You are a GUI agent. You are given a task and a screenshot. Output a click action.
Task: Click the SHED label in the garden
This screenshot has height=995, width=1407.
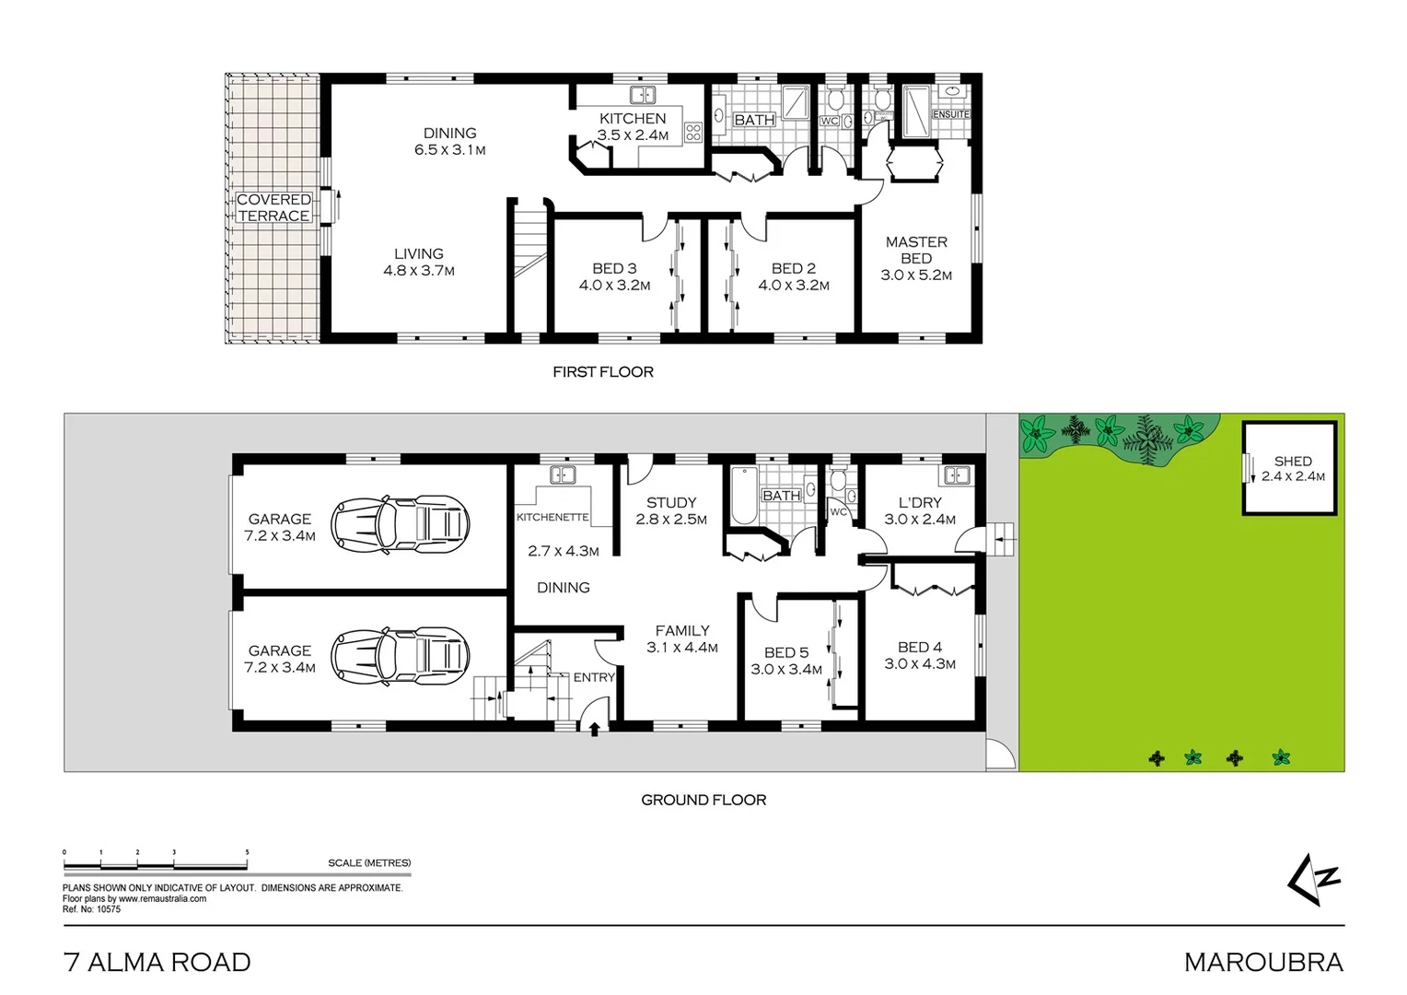pos(1293,462)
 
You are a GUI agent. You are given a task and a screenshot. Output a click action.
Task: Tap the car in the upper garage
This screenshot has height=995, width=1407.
pos(399,525)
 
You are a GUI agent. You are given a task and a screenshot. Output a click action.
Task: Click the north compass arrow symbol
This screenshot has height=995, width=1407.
pos(1313,880)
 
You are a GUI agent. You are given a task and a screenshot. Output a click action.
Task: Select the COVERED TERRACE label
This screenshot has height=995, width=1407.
pos(273,207)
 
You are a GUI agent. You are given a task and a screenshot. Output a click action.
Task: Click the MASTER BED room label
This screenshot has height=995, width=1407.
pos(916,250)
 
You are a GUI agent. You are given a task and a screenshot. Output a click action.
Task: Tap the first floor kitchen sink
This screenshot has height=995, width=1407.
pos(642,95)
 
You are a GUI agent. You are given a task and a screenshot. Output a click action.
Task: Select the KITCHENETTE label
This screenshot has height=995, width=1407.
pos(552,517)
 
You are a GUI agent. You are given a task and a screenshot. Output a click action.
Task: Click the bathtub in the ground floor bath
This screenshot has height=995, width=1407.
pos(741,497)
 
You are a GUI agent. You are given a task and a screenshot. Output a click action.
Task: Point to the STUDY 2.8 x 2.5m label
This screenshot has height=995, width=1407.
pos(671,510)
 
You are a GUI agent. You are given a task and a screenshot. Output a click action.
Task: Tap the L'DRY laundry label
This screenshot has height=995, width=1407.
pos(920,502)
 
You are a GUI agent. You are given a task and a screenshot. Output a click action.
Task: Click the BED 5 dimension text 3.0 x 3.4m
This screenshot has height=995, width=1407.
pos(786,670)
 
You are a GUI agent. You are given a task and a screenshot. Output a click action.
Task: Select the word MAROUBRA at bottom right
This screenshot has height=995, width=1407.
pos(1263,963)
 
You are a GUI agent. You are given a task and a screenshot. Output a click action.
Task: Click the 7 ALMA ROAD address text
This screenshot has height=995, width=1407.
pos(157,963)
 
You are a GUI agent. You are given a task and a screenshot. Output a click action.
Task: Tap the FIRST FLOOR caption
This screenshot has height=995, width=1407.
pos(603,372)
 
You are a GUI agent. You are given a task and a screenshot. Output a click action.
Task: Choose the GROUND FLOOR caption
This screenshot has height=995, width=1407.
pos(703,800)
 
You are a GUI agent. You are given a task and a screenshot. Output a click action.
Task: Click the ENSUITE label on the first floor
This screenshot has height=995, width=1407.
pos(951,114)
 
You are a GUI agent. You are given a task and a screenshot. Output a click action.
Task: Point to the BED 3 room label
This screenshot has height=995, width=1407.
pos(614,268)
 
